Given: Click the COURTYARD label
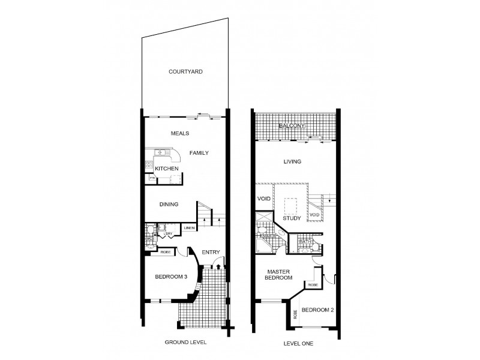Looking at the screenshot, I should coord(185,71).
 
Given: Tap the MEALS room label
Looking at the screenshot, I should coord(181,133).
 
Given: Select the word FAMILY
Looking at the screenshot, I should coord(199,153).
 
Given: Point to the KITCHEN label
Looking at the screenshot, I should coord(167,169).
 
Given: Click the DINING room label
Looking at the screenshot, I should coord(169,205).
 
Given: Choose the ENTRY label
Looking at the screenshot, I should coord(210,252).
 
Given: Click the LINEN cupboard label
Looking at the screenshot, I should coord(188,229).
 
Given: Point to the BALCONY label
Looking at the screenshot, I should coord(292,126).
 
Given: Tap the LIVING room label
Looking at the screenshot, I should coord(292,161).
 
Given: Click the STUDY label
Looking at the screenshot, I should coord(292,218).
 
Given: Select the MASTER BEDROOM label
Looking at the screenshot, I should coord(280,274).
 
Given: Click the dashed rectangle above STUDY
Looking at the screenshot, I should coord(292,205).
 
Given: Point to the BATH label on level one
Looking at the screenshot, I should coord(295,242).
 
